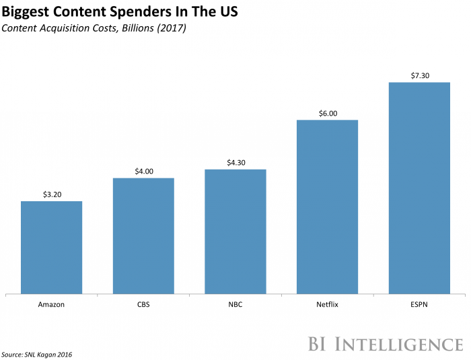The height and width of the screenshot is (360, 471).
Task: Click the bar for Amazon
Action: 52,247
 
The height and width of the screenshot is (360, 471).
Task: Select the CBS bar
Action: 143,236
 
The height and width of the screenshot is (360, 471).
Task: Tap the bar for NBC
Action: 235,231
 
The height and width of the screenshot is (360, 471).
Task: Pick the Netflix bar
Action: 327,207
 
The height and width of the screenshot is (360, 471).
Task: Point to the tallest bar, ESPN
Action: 419,188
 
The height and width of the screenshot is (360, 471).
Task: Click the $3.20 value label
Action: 52,194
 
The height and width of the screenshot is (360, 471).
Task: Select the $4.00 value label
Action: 143,171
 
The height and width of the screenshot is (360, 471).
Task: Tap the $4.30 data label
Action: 235,162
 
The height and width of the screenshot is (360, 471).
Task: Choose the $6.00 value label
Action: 327,113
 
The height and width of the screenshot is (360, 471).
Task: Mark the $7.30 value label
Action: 419,75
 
